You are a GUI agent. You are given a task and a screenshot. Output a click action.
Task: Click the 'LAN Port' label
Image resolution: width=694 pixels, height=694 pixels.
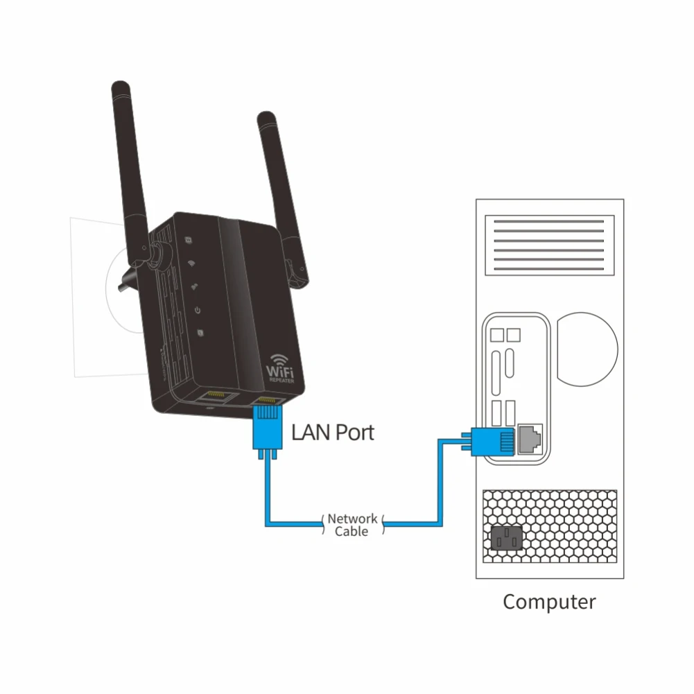click(x=333, y=433)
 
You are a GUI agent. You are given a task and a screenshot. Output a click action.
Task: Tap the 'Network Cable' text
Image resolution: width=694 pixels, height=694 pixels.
click(x=352, y=524)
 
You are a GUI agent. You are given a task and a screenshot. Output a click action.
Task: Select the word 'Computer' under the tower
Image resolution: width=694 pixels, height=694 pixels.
click(x=549, y=601)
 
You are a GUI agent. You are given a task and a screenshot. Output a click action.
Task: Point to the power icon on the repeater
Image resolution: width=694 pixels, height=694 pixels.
click(x=198, y=310)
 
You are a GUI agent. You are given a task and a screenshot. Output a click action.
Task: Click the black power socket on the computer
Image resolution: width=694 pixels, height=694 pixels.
click(x=508, y=537)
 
